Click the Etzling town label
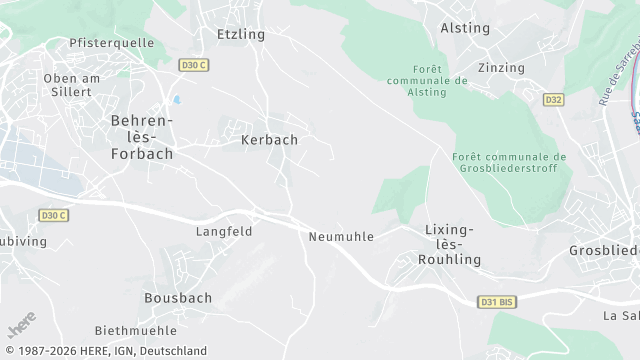click(x=241, y=34)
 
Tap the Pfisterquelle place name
click(x=110, y=43)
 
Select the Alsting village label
click(x=465, y=28)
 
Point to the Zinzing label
click(x=501, y=68)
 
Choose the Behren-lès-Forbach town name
click(x=141, y=137)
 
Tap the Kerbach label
click(x=269, y=140)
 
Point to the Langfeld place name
click(x=224, y=231)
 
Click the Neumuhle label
click(x=341, y=237)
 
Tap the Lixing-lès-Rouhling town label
click(x=453, y=244)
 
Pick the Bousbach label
click(x=176, y=298)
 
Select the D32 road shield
click(x=553, y=100)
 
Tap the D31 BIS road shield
click(x=496, y=301)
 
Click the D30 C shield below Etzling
click(x=193, y=64)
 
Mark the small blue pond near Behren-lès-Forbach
click(x=177, y=101)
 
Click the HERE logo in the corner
click(x=21, y=325)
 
